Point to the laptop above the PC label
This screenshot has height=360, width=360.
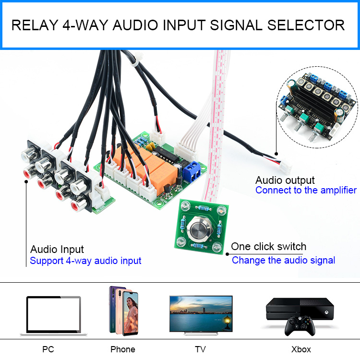pos(53,315)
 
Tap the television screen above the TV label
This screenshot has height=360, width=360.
pos(201,312)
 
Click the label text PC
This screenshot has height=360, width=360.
pos(48,349)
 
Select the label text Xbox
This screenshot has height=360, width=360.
pos(301,349)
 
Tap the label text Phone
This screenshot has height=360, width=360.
pos(123,349)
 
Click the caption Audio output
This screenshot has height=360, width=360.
pos(285,180)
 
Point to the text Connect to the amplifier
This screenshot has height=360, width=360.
pos(306,191)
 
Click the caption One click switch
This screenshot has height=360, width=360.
pos(268,247)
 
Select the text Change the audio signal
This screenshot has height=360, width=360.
pos(283,261)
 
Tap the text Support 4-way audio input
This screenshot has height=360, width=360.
pos(85,261)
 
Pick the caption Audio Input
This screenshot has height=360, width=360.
pos(57,250)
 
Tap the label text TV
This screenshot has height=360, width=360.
pos(200,349)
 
